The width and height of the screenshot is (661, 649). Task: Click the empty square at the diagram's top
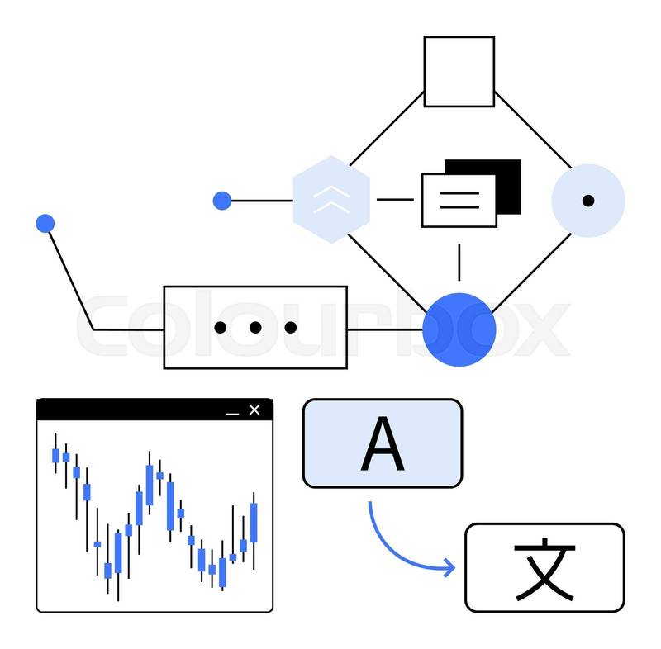tap(459, 71)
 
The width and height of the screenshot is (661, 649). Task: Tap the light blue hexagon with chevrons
tap(331, 199)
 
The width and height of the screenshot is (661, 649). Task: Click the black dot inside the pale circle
tap(588, 201)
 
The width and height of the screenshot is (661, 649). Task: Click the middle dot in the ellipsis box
tap(255, 328)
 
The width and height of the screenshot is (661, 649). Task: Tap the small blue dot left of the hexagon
tap(221, 200)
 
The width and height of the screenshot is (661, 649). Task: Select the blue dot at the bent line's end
tap(45, 223)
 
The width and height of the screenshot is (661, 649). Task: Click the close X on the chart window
tap(254, 410)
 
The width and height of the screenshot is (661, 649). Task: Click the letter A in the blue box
tap(383, 444)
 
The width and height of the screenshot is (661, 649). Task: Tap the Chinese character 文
tap(544, 568)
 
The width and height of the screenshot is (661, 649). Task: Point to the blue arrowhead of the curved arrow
tap(449, 567)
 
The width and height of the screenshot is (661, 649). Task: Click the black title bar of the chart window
tap(132, 410)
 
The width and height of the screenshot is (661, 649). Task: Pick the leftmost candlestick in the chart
tap(55, 455)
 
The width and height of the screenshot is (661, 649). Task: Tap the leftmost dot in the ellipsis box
tap(220, 328)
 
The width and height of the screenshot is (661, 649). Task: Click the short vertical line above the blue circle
tap(459, 263)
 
